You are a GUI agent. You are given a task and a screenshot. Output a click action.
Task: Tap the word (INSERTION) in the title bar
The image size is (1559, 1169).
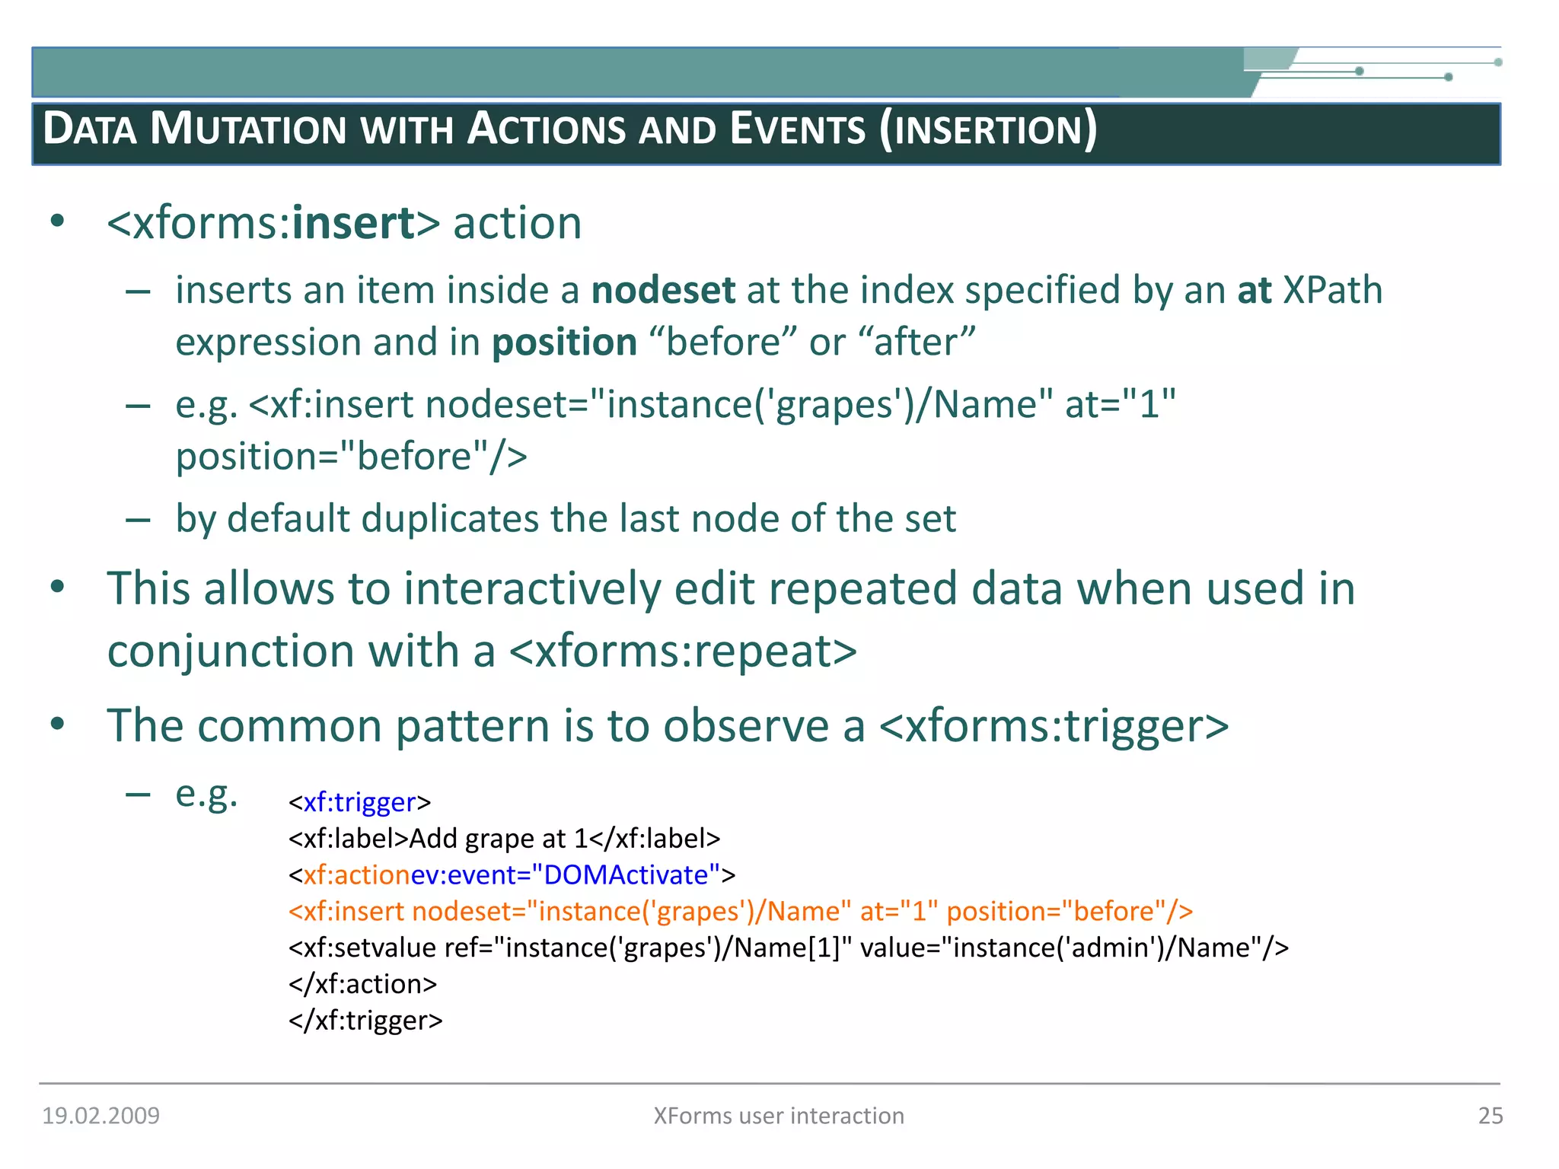coord(987,129)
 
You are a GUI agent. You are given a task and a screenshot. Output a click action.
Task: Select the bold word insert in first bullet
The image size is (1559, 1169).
coord(353,223)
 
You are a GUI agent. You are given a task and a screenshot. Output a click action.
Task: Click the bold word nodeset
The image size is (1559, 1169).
coord(663,290)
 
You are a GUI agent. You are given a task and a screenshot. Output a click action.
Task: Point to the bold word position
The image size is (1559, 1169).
coord(564,342)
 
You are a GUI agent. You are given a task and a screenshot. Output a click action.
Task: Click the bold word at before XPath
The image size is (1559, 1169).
coord(1254,290)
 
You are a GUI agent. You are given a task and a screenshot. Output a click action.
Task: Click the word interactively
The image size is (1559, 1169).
coord(532,588)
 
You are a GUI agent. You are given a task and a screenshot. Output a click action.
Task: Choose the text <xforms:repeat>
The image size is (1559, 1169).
coord(683,651)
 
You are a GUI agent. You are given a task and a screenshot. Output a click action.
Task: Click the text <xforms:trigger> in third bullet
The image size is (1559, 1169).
coord(1054,725)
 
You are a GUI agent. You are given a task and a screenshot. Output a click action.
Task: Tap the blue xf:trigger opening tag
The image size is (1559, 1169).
coord(359,802)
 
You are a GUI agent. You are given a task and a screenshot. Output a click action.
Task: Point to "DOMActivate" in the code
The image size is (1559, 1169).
coord(625,875)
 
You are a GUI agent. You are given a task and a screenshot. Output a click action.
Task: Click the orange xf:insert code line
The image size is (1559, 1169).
coord(740,911)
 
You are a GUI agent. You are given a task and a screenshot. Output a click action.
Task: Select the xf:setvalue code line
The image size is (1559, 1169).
coord(788,948)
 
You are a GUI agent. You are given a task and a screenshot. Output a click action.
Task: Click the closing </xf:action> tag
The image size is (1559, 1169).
coord(362,984)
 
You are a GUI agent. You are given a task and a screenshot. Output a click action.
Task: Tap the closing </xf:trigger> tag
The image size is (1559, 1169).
coord(365,1020)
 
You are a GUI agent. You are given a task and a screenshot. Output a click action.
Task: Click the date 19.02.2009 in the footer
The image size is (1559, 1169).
coord(100,1116)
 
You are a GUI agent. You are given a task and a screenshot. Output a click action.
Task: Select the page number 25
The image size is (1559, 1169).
coord(1490,1116)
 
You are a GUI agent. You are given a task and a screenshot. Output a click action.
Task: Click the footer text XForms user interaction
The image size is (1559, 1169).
coord(779,1116)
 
